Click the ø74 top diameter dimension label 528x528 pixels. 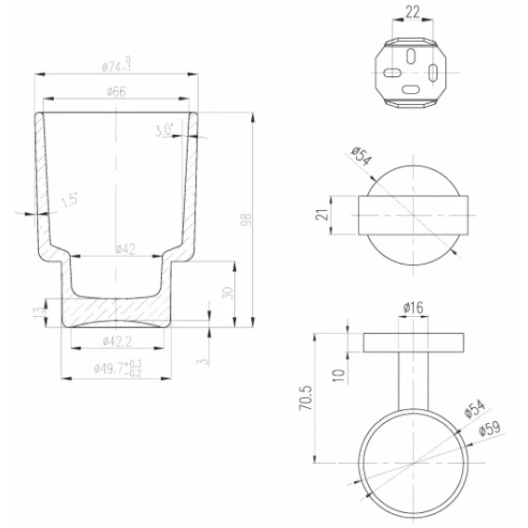(116, 65)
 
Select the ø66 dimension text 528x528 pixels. (116, 92)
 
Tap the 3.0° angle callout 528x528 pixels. (164, 130)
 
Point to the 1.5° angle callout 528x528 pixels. (70, 201)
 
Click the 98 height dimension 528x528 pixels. (247, 219)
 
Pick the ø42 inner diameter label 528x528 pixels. (125, 249)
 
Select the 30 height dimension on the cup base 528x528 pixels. (229, 294)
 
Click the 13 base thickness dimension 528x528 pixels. (38, 310)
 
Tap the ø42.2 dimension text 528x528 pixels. (117, 341)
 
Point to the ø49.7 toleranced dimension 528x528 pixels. (118, 368)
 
